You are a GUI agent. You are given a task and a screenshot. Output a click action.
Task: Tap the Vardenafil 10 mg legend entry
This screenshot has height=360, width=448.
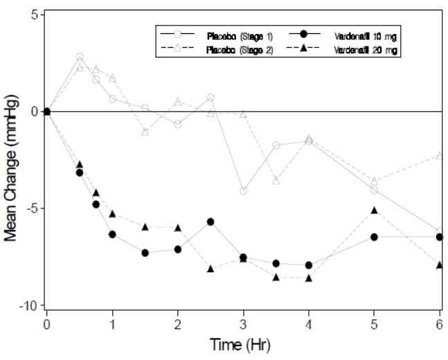pyautogui.click(x=367, y=35)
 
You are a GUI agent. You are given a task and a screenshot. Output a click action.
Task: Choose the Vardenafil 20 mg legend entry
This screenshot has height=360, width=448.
pyautogui.click(x=367, y=51)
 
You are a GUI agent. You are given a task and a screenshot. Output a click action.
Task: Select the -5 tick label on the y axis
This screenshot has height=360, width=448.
pyautogui.click(x=31, y=208)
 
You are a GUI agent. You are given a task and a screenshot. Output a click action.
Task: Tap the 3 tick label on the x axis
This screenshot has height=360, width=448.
pyautogui.click(x=243, y=323)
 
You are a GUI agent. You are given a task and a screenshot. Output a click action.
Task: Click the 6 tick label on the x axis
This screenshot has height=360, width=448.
pyautogui.click(x=440, y=323)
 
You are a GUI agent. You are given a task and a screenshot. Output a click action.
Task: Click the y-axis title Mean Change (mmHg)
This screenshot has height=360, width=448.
pyautogui.click(x=11, y=160)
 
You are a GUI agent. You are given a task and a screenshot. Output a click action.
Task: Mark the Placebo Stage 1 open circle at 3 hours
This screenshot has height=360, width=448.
pyautogui.click(x=243, y=190)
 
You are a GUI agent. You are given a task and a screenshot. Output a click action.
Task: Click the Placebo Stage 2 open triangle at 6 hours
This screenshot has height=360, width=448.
pyautogui.click(x=440, y=155)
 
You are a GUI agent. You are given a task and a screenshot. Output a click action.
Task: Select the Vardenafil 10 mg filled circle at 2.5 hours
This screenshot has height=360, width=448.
pyautogui.click(x=210, y=222)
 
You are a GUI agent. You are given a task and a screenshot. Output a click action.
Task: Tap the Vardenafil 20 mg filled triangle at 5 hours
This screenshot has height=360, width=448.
pyautogui.click(x=375, y=210)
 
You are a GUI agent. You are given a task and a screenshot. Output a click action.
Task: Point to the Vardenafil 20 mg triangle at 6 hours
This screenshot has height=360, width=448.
pyautogui.click(x=440, y=264)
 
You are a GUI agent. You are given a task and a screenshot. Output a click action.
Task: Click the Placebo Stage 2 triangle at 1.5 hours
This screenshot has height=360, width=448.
pyautogui.click(x=145, y=131)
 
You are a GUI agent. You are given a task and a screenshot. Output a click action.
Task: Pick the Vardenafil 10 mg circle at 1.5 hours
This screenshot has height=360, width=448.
pyautogui.click(x=145, y=253)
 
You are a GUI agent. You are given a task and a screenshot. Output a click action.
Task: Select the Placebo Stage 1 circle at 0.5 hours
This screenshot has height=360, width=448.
pyautogui.click(x=80, y=57)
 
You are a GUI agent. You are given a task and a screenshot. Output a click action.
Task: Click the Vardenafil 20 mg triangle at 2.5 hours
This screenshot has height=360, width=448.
pyautogui.click(x=210, y=269)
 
